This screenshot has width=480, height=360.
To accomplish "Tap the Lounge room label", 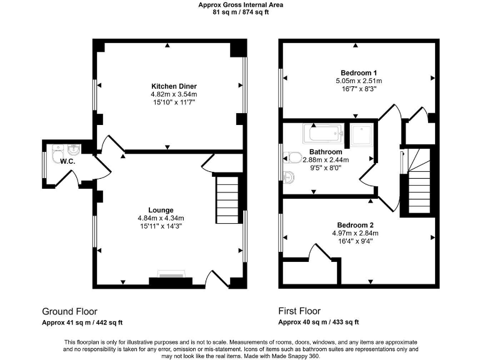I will (x=160, y=209).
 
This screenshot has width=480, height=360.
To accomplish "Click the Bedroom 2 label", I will (x=355, y=225).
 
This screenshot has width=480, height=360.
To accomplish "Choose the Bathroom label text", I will (x=326, y=152).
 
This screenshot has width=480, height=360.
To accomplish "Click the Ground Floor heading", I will (x=69, y=311).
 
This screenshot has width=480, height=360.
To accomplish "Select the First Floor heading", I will (x=299, y=311).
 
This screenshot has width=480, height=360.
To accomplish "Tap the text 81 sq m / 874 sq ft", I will (x=240, y=11).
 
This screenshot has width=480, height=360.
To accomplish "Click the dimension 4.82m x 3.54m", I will (x=169, y=94).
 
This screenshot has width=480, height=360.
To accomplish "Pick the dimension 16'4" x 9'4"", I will (x=355, y=241).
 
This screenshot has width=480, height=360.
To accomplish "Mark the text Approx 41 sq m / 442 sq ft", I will (x=82, y=322).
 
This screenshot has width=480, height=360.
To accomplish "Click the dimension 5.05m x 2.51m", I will (x=359, y=81).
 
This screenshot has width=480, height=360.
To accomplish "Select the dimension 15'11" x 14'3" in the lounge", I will (x=160, y=226).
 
